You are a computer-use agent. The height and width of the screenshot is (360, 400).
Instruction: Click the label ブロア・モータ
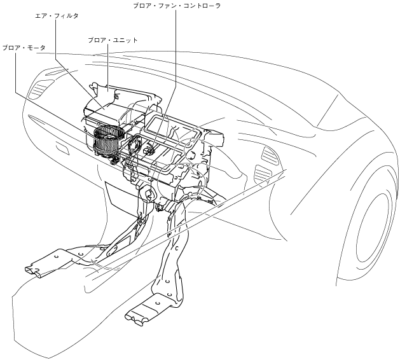pyautogui.click(x=24, y=48)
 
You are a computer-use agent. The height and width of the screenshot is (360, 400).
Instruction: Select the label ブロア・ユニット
pyautogui.click(x=113, y=40)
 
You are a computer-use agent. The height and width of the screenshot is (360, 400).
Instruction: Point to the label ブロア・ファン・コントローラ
pyautogui.click(x=176, y=6)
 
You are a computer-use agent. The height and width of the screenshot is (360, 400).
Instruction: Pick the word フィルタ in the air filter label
pyautogui.click(x=67, y=15)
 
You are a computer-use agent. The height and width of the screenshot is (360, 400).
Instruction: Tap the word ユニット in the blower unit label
pyautogui.click(x=124, y=40)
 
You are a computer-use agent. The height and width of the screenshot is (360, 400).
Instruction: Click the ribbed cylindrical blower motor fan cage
pyautogui.click(x=107, y=139)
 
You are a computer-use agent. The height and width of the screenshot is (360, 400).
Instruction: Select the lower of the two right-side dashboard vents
pyautogui.click(x=261, y=172)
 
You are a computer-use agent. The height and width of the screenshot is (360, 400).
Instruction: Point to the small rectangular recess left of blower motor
pyautogui.click(x=63, y=148)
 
